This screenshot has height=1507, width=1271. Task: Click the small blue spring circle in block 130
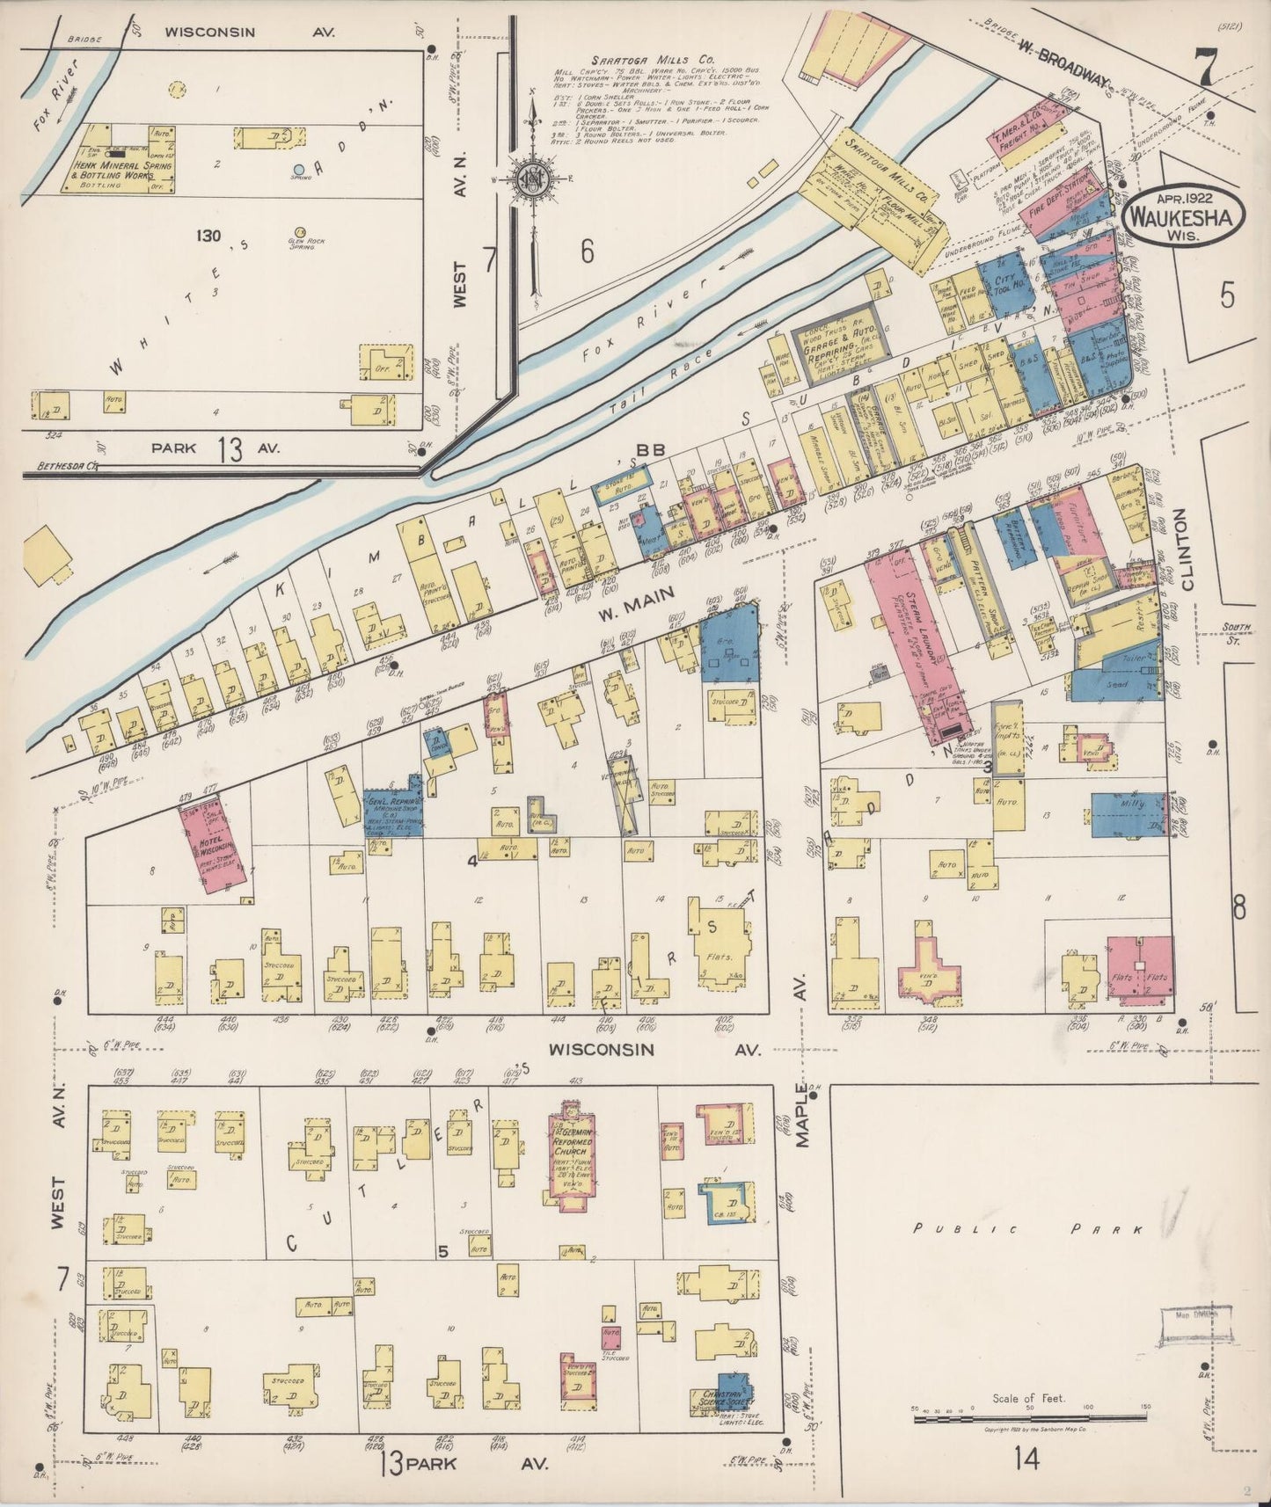click(299, 170)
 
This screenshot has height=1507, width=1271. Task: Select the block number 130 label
click(208, 236)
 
